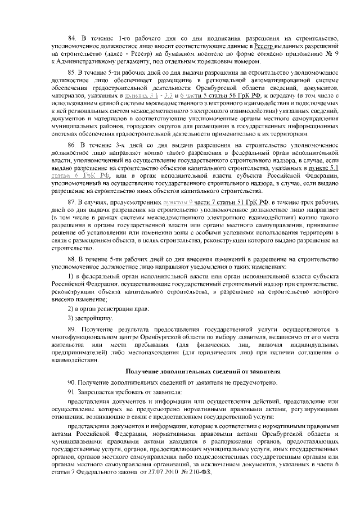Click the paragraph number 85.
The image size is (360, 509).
(x=71, y=73)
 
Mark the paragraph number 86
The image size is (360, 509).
(x=71, y=145)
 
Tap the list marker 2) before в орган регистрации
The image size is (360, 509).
(x=70, y=309)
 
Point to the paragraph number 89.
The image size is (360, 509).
(x=71, y=328)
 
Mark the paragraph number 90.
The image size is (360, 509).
(x=71, y=383)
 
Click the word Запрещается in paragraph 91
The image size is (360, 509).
(x=96, y=392)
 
